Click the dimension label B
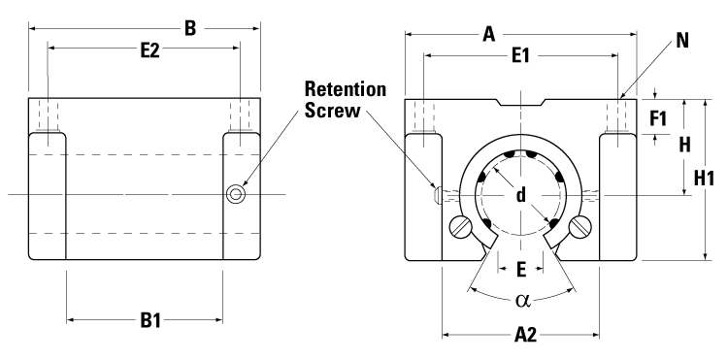point(190,28)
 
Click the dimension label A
point(488,35)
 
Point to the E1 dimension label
point(520,58)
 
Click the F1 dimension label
point(658,119)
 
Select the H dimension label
point(682,145)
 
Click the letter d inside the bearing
point(521,196)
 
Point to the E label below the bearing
point(521,268)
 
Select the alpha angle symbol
point(521,300)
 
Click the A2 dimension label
point(525,336)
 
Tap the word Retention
point(346,89)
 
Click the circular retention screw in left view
point(236,195)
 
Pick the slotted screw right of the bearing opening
point(581,228)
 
